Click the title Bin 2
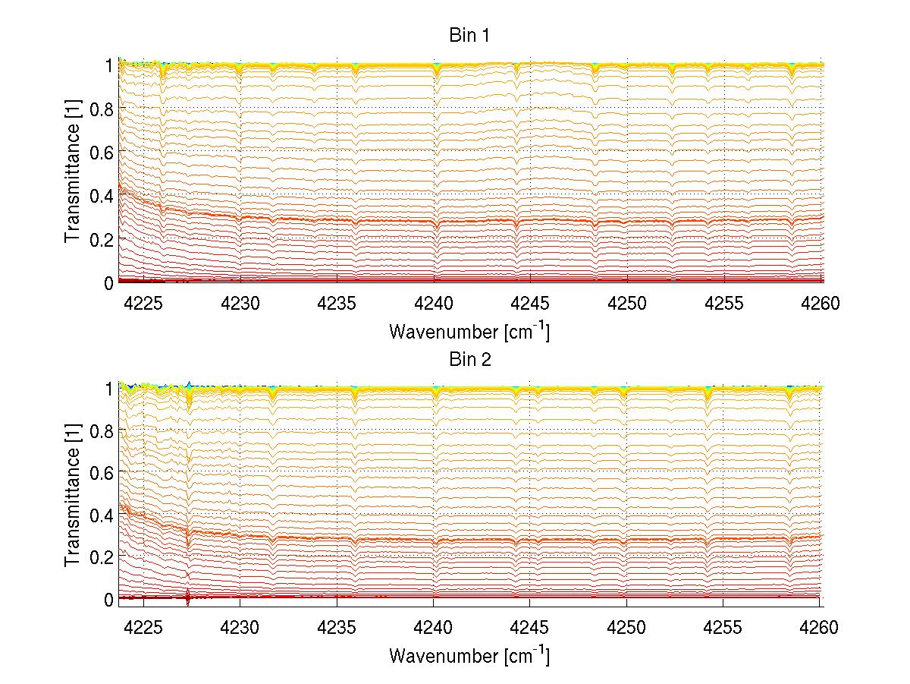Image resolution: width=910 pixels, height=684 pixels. (470, 359)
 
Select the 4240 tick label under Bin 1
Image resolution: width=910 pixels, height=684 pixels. (433, 304)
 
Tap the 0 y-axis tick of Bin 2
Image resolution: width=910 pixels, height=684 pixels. (108, 599)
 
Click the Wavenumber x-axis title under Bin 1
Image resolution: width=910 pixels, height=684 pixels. (469, 331)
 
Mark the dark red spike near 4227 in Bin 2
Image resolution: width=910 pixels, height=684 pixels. (188, 597)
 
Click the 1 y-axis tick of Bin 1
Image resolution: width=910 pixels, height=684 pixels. (109, 65)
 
